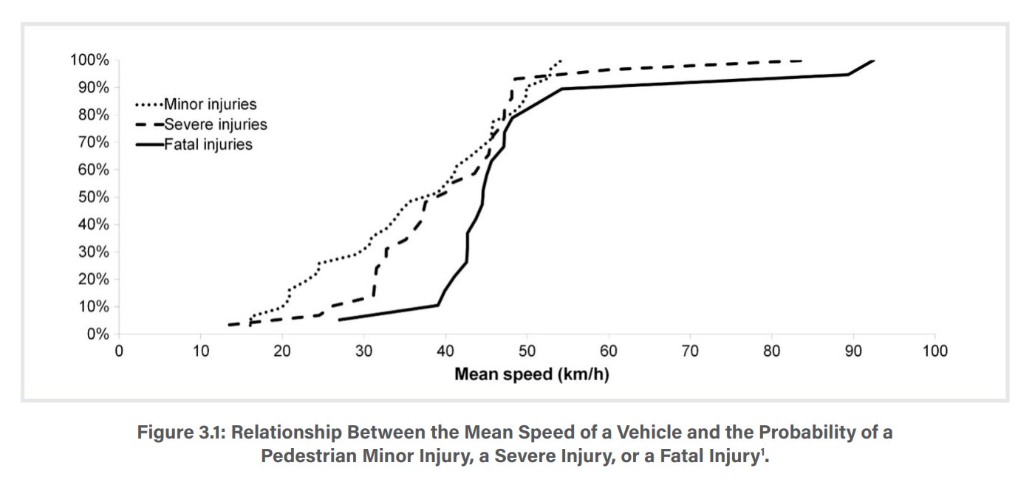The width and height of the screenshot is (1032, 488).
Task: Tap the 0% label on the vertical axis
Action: [x=98, y=334]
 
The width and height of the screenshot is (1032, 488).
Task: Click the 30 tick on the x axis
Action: [x=363, y=351]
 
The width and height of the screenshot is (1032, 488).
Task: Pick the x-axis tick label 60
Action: [x=608, y=351]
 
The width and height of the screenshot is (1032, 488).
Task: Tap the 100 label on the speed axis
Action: [x=934, y=351]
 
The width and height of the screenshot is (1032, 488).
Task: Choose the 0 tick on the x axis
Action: [x=119, y=351]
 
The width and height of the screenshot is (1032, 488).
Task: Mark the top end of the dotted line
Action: [x=561, y=60]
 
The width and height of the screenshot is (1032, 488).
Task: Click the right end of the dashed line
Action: [x=802, y=61]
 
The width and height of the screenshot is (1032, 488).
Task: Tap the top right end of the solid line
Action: [x=874, y=60]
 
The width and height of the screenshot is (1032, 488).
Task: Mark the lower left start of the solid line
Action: [x=338, y=320]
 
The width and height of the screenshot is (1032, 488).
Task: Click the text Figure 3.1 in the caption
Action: [x=181, y=433]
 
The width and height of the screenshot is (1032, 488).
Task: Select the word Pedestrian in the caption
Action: [x=304, y=456]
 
